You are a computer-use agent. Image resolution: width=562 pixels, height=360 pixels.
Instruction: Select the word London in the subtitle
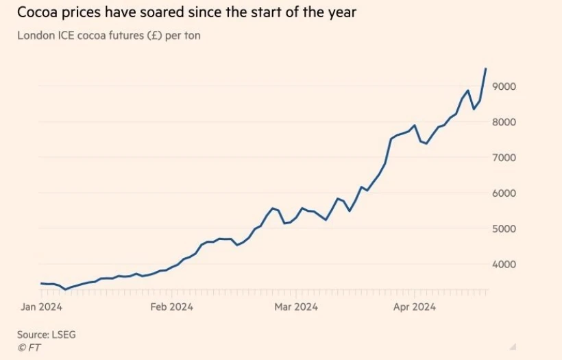[x=35, y=36]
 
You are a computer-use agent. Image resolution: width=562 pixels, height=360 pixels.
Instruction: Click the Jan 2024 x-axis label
[x=42, y=307]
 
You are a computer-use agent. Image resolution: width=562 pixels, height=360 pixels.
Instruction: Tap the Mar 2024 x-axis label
[x=295, y=307]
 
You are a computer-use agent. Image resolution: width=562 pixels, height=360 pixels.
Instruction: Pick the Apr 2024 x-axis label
[x=415, y=307]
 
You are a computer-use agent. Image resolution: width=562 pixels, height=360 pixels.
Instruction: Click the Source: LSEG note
[x=45, y=334]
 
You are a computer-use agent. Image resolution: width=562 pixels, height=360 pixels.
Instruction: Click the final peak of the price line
[x=485, y=69]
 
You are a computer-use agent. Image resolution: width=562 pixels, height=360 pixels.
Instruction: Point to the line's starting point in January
[x=41, y=283]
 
